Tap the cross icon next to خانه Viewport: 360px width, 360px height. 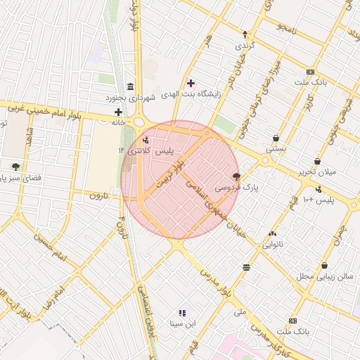point(118,112)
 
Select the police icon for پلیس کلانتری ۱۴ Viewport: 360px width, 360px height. point(146,140)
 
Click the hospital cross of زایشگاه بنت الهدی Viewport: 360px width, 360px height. point(191,83)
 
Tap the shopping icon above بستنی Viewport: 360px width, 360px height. point(275,138)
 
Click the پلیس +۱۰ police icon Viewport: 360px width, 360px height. point(319,188)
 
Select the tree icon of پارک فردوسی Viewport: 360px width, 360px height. point(236,176)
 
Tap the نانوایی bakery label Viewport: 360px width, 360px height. point(274,245)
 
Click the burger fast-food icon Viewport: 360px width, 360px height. point(246,267)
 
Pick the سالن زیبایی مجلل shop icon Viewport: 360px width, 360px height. point(324,265)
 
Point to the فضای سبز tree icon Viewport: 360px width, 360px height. point(15,167)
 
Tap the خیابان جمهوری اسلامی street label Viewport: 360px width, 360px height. point(214,205)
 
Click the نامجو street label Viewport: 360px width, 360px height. point(288,28)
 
